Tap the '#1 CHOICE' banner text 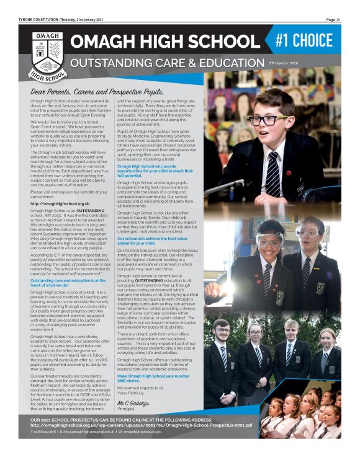coord(312,41)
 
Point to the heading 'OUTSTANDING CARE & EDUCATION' coord(167,64)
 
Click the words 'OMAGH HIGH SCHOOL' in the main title coord(167,43)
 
